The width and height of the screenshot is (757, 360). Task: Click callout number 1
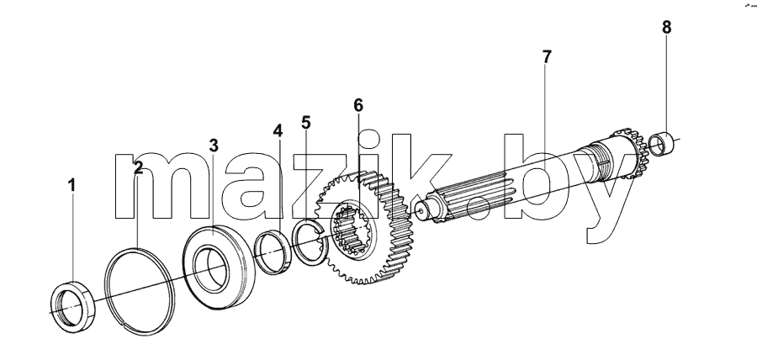[x=72, y=185]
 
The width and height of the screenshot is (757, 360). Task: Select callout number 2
[x=139, y=168]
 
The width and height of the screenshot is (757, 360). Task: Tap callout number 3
[x=214, y=146]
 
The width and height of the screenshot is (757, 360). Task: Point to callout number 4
[x=278, y=130]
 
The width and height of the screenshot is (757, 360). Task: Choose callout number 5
[x=306, y=123]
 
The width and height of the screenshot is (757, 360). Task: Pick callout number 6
[x=358, y=105]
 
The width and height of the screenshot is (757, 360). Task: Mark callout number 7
[x=547, y=57]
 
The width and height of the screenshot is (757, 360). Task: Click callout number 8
[x=667, y=28]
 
